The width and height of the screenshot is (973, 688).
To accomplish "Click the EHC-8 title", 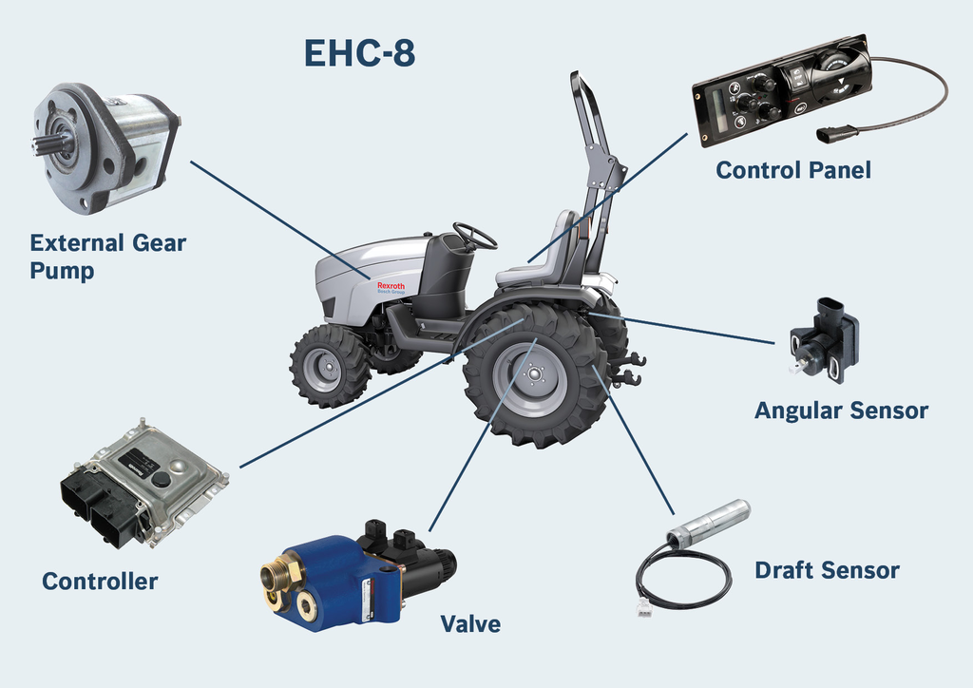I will (x=359, y=54).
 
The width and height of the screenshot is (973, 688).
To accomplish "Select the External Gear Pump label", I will (x=107, y=257).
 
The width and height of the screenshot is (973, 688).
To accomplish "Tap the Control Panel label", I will (x=792, y=170).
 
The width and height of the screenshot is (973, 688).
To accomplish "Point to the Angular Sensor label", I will (x=841, y=411).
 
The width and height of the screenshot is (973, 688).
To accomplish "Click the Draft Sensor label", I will (x=827, y=570).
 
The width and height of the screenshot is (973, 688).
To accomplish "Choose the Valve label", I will (x=469, y=624).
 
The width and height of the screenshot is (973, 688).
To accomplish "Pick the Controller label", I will (x=100, y=582).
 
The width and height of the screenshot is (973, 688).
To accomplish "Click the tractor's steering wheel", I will (x=474, y=235).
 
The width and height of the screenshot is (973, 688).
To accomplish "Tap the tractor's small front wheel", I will (x=329, y=366).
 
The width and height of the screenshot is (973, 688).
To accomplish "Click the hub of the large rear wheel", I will (x=532, y=373).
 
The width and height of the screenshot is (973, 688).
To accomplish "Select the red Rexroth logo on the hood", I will (x=391, y=286).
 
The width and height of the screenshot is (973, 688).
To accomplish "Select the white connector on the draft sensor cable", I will (x=645, y=609).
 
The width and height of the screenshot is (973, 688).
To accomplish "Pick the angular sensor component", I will (x=823, y=339).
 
